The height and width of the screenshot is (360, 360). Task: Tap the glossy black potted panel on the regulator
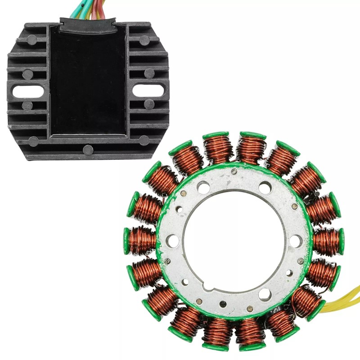click(x=88, y=81)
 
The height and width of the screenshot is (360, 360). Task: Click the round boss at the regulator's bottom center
click(x=88, y=150)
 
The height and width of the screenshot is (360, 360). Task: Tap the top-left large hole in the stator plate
click(x=203, y=187)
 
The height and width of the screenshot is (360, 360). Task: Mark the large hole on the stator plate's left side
click(x=173, y=241)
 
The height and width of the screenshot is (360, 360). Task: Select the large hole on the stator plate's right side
click(x=295, y=241)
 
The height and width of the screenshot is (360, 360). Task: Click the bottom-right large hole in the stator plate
click(x=265, y=295)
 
